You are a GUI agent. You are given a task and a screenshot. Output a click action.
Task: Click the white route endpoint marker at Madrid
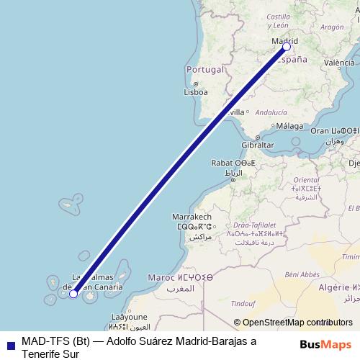click(287, 46)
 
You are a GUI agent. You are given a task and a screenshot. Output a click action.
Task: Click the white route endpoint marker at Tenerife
click(73, 293)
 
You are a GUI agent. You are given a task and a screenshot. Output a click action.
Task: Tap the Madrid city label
click(284, 42)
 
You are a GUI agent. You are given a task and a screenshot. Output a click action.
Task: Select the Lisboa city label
click(196, 92)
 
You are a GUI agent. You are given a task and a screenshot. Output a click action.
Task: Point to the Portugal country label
click(201, 69)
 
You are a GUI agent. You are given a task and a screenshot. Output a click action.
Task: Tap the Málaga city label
click(290, 126)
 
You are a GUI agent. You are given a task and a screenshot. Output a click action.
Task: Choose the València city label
click(339, 63)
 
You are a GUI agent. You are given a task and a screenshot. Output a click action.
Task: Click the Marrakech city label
click(192, 217)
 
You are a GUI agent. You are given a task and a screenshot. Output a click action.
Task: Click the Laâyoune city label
click(130, 316)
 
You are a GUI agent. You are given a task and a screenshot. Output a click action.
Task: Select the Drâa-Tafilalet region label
click(255, 224)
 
